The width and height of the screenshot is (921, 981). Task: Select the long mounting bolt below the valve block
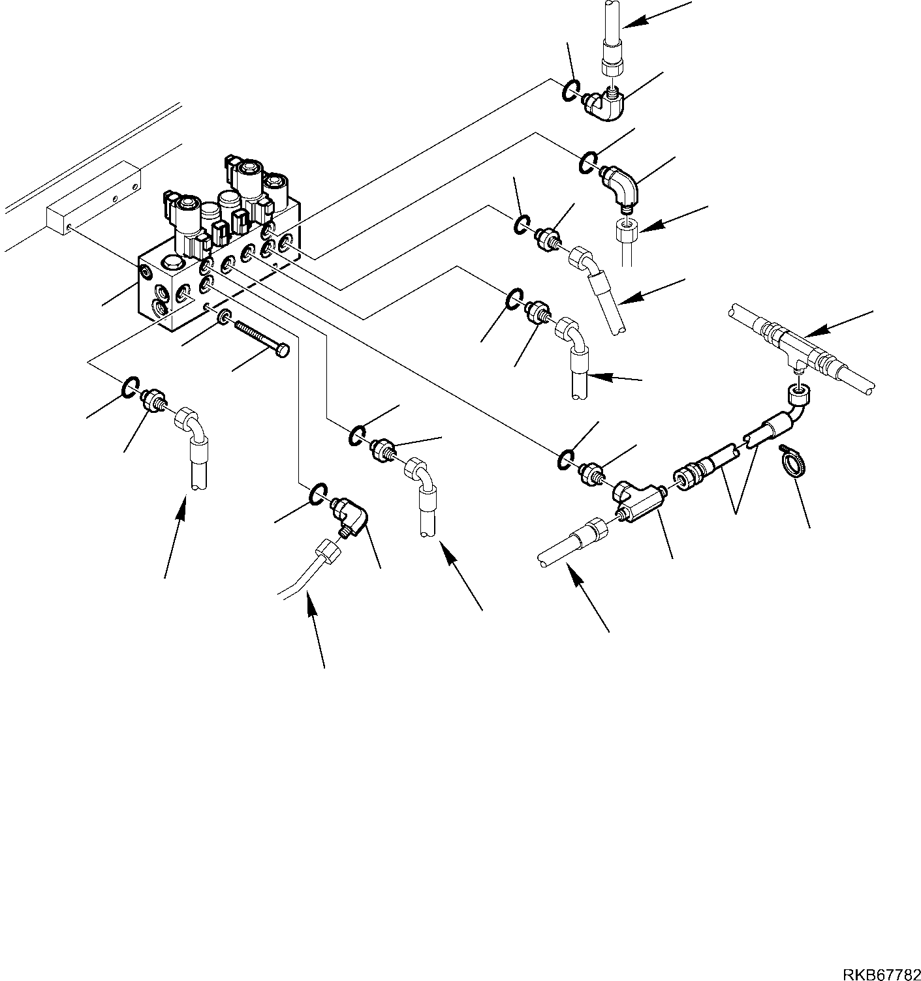point(262,338)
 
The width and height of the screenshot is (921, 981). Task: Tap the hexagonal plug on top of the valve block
point(172,265)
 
